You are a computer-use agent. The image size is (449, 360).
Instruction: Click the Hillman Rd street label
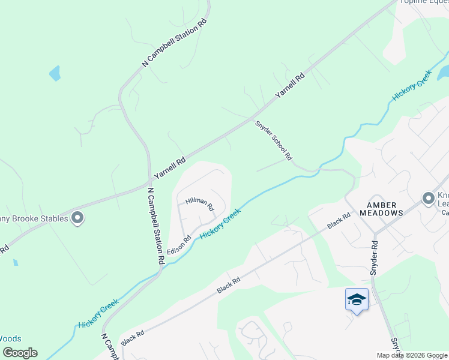200,204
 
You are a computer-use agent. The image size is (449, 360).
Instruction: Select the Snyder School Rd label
274,140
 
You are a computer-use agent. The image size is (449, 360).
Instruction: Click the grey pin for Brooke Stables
77,218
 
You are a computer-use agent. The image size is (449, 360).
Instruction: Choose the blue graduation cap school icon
357,299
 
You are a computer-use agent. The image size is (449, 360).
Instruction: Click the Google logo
20,353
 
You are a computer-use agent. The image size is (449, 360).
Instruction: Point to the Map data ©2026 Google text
412,355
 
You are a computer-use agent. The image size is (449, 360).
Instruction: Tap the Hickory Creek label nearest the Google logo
98,315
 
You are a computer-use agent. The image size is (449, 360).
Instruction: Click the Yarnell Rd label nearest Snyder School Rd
291,86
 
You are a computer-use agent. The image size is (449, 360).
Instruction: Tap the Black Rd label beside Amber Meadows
339,221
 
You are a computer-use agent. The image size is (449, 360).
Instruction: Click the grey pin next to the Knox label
428,198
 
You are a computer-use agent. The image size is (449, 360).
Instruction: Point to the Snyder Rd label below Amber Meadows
375,258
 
